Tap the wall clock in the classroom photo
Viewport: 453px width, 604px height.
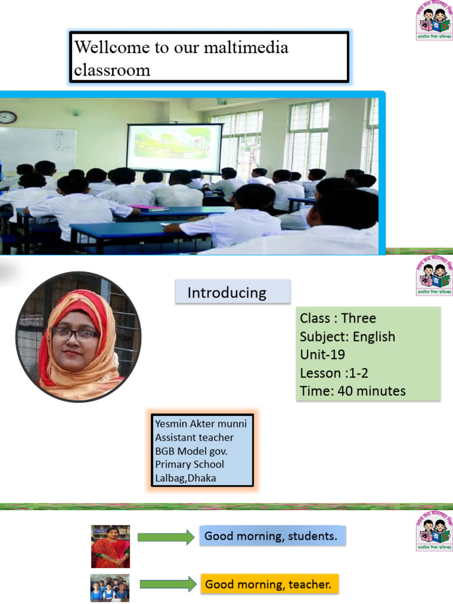coord(7,117)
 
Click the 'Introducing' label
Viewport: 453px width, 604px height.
coord(227,293)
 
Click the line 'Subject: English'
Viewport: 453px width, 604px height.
coord(347,337)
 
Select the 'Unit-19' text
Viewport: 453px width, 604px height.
coord(323,355)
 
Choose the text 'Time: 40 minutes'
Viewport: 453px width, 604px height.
coord(352,390)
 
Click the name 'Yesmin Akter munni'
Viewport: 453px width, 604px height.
coord(201,424)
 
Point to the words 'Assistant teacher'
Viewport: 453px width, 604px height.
coord(194,437)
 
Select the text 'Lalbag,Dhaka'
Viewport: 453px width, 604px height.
coord(185,478)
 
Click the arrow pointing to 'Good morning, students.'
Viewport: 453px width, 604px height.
coord(166,537)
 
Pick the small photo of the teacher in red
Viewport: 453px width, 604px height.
coord(110,546)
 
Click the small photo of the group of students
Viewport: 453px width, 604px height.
coord(110,588)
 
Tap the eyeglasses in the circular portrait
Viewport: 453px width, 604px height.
coord(75,334)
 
